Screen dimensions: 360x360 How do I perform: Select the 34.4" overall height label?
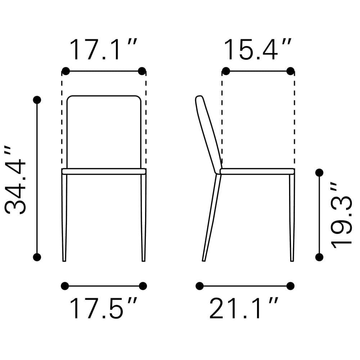(15, 180)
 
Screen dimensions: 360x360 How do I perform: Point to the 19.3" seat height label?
(341, 215)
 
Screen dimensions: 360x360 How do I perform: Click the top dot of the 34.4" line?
(37, 100)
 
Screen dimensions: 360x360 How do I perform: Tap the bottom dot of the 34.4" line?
(37, 257)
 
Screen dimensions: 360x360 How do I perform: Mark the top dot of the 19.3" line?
(319, 173)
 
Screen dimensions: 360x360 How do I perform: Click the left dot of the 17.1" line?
(66, 71)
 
